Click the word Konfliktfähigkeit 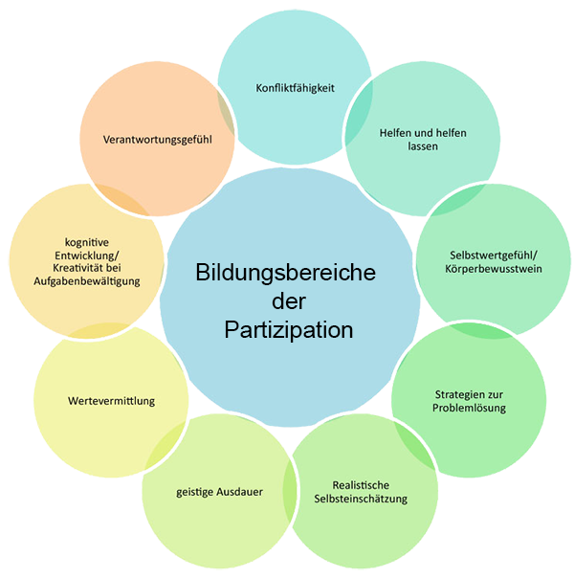(295, 88)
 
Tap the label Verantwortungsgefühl (157, 140)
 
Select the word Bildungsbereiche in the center (286, 272)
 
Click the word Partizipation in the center (289, 330)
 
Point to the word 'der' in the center (287, 301)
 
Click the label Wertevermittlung (112, 400)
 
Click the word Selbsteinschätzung (361, 499)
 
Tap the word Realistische (361, 485)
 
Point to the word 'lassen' (422, 147)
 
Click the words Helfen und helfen (422, 133)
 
